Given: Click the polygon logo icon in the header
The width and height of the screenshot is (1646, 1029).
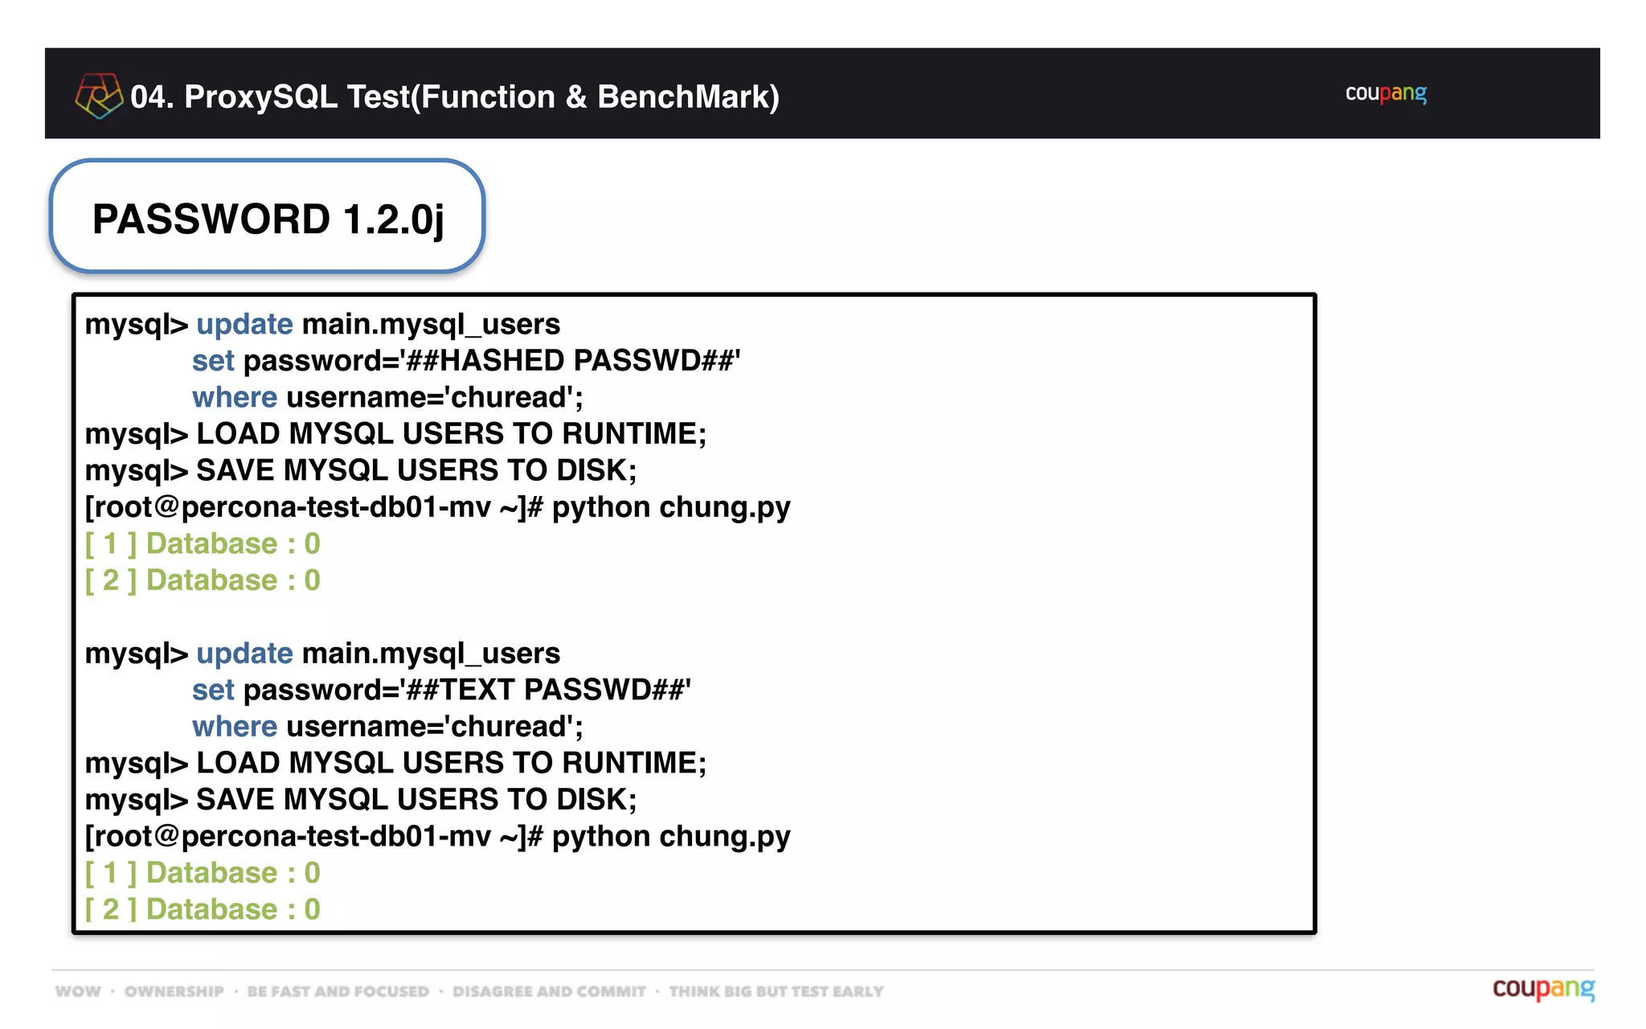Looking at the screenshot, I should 98,96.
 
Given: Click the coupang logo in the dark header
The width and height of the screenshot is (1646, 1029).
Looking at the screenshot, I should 1386,94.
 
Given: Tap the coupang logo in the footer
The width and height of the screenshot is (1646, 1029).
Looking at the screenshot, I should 1543,989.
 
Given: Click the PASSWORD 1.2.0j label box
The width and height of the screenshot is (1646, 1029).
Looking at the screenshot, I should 267,218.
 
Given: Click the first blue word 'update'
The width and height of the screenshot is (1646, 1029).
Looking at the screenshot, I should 244,324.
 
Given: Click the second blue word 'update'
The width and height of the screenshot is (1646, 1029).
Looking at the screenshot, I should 244,654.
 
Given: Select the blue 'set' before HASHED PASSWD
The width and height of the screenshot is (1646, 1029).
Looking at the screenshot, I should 213,361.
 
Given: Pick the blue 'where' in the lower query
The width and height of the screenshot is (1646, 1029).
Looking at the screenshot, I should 234,727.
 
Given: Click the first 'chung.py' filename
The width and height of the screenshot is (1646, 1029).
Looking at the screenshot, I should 724,507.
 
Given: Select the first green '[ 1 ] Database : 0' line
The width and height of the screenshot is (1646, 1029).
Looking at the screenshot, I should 203,544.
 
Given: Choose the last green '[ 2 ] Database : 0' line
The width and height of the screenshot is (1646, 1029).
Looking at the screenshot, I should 203,909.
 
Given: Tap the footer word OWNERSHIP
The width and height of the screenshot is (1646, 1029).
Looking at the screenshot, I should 174,992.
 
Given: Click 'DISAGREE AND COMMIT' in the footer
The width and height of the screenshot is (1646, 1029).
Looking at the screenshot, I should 549,992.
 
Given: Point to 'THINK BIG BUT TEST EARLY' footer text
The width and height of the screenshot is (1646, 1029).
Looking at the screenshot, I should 776,992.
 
